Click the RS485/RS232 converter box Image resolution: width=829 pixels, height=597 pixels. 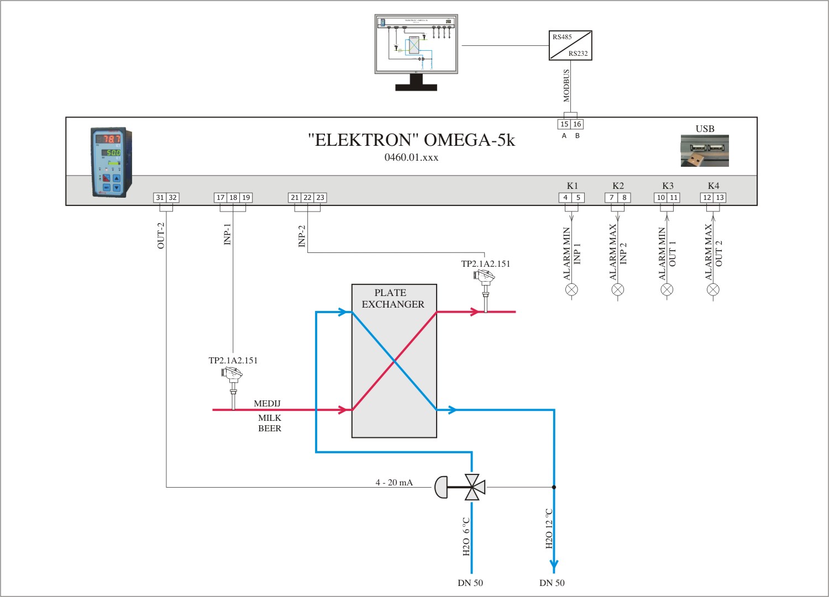pos(570,45)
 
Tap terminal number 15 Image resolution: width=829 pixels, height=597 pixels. pos(564,124)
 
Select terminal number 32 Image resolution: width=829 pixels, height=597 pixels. pos(172,198)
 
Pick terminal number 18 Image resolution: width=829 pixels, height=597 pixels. pos(233,198)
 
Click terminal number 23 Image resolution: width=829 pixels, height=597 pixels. pos(320,198)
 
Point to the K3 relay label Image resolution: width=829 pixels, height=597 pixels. pos(668,186)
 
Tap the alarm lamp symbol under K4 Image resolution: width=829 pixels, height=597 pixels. pos(713,289)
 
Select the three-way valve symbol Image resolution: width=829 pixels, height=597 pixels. pos(472,487)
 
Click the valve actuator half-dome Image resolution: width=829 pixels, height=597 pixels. pos(441,487)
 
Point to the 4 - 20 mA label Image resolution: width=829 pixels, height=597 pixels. pos(394,483)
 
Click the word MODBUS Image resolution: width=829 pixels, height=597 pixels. pos(566,86)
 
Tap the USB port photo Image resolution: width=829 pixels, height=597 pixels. pos(705,151)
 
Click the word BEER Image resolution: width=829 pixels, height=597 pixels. pos(270,429)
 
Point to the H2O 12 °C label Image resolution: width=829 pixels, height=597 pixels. pos(549,529)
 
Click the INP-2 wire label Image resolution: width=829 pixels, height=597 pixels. pos(302,236)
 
